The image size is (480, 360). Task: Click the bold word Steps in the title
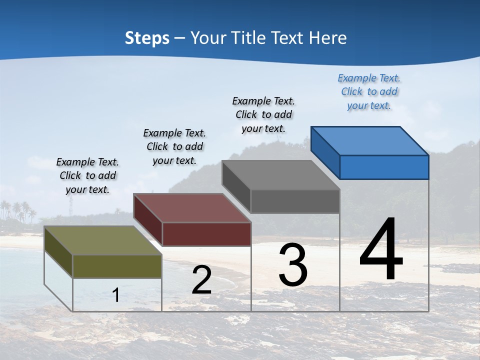pyautogui.click(x=147, y=38)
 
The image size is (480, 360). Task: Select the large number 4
pyautogui.click(x=381, y=249)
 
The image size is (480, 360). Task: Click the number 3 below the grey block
pyautogui.click(x=293, y=264)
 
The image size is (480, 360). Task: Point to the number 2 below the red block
pyautogui.click(x=201, y=280)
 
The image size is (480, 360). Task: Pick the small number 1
pyautogui.click(x=116, y=295)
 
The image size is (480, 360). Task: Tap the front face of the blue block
pyautogui.click(x=384, y=167)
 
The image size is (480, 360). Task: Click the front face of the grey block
pyautogui.click(x=295, y=201)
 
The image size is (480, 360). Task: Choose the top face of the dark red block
pyautogui.click(x=192, y=207)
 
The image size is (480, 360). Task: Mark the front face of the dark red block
pyautogui.click(x=206, y=234)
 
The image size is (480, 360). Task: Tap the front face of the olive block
pyautogui.click(x=117, y=266)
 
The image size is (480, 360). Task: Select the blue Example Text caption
pyautogui.click(x=369, y=91)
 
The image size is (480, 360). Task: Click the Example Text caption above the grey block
pyautogui.click(x=263, y=114)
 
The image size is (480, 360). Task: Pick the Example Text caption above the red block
pyautogui.click(x=174, y=146)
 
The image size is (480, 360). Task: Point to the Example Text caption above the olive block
pyautogui.click(x=87, y=175)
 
